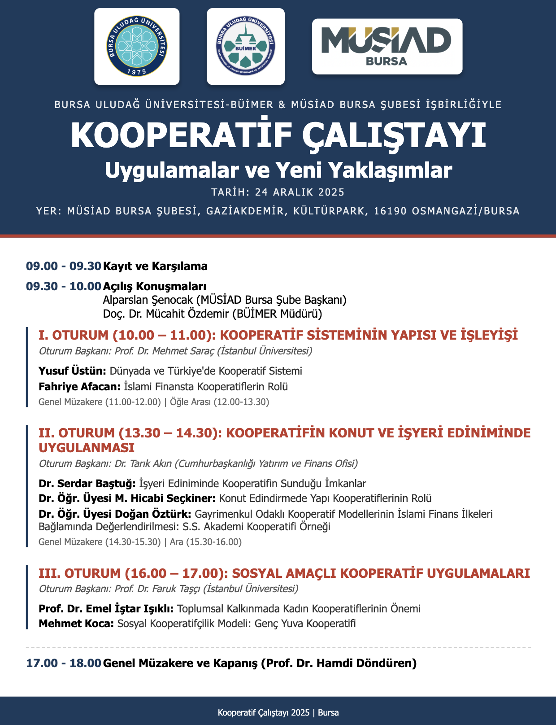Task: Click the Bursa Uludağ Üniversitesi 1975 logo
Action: [x=137, y=47]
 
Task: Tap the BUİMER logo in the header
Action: [x=246, y=47]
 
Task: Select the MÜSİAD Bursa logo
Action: [x=387, y=47]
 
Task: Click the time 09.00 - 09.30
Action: [x=63, y=266]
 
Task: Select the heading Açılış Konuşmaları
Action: [x=155, y=286]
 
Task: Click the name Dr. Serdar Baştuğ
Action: [x=87, y=484]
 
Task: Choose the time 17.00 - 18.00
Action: [x=63, y=663]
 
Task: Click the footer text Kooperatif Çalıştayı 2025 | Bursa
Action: [x=278, y=712]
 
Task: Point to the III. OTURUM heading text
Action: [x=284, y=573]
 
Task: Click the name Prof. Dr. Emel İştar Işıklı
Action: [x=106, y=609]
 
